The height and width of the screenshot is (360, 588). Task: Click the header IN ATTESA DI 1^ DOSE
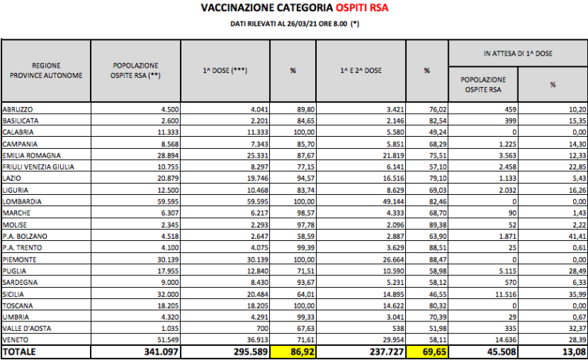click(x=517, y=54)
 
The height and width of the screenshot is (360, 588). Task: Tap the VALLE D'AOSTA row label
click(x=28, y=327)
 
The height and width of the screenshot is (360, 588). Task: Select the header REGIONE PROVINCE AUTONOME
click(x=46, y=71)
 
